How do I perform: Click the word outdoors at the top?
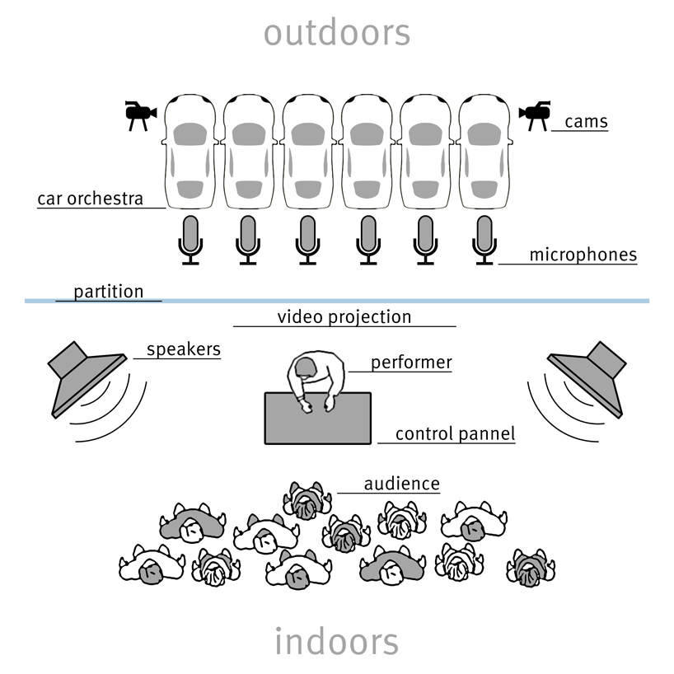tap(336, 33)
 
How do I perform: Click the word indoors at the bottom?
tap(336, 641)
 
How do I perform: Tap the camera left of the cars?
tap(139, 115)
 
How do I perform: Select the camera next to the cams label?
tap(535, 115)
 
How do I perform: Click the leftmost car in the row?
tap(190, 152)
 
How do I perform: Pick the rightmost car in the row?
tap(484, 152)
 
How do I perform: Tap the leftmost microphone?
tap(190, 240)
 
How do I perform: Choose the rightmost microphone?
tap(484, 240)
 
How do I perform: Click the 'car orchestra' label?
tap(90, 199)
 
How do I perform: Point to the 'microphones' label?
tap(583, 255)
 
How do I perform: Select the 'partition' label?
tap(108, 292)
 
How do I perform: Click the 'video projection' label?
tap(344, 317)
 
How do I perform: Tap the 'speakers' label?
tap(183, 349)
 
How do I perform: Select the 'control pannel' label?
tap(455, 434)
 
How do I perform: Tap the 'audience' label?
tap(401, 484)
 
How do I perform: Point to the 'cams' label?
tap(586, 122)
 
